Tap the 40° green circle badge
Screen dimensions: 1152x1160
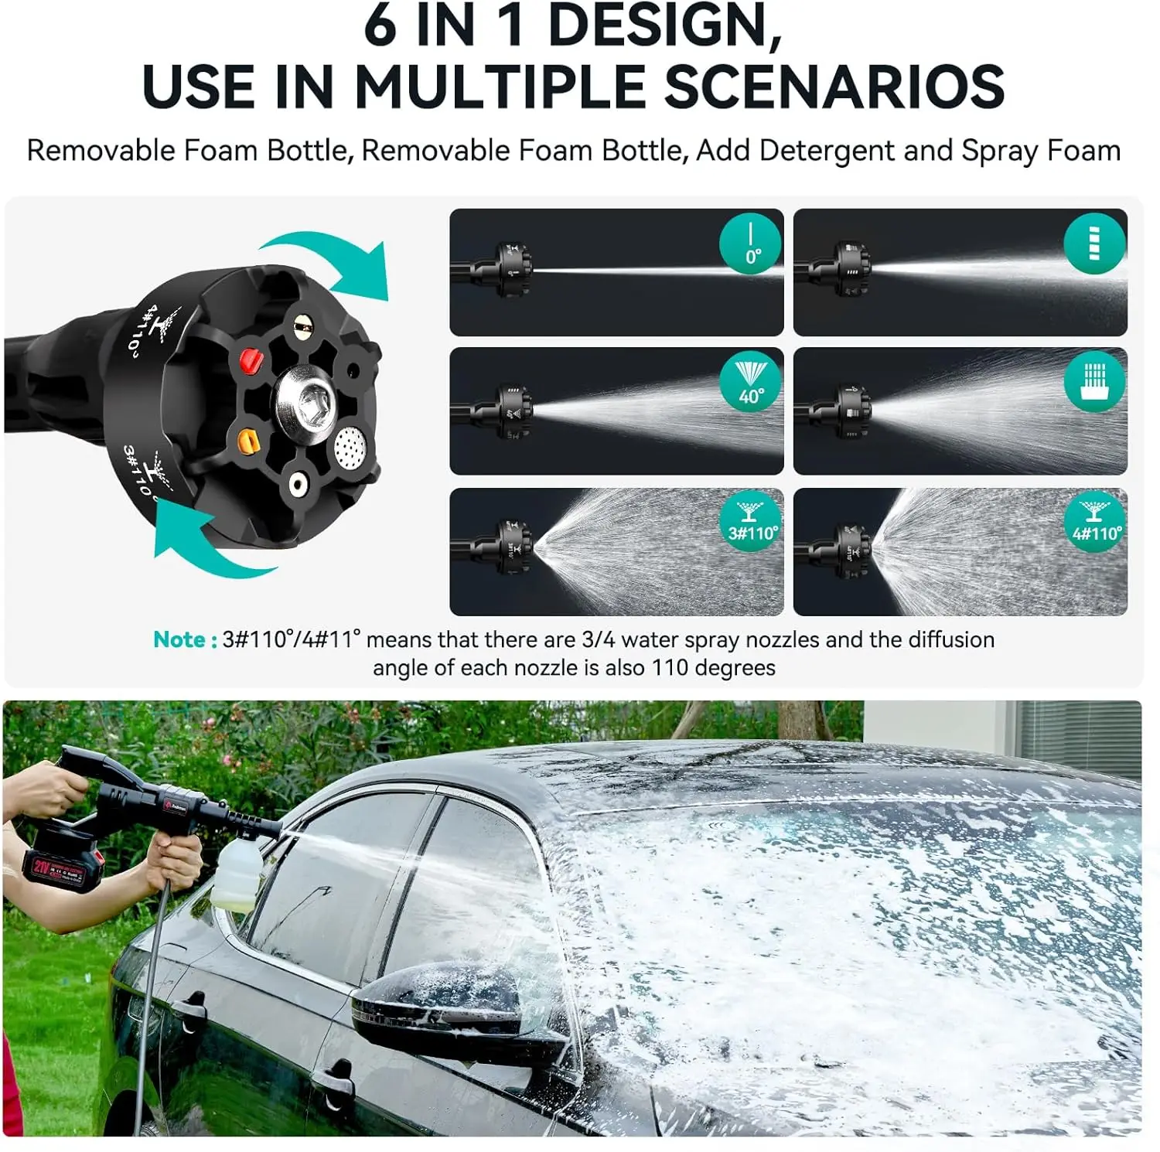click(x=750, y=383)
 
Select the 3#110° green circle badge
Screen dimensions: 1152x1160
click(x=750, y=522)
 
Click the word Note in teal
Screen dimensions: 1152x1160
click(x=179, y=640)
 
